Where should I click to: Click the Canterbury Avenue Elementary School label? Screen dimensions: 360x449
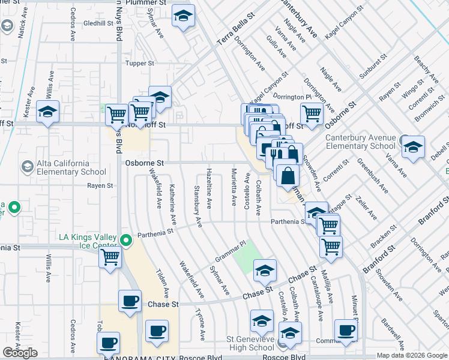[360, 142]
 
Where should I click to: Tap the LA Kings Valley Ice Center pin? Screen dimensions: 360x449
[126, 241]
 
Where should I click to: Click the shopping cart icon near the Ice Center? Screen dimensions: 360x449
[110, 257]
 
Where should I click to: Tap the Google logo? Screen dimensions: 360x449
[20, 353]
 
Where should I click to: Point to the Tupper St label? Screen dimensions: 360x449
[140, 63]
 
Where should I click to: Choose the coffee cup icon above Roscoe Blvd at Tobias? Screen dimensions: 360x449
[108, 343]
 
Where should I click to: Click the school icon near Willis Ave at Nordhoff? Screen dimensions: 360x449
[48, 111]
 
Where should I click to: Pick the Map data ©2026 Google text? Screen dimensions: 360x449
[411, 355]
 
